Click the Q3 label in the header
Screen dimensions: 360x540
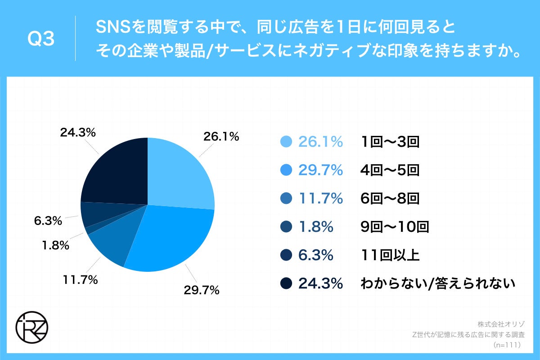(41, 40)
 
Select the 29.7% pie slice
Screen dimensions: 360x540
(171, 238)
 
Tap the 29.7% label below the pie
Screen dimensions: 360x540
(201, 290)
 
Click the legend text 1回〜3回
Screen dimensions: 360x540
(390, 142)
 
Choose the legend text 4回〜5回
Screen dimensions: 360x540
(390, 170)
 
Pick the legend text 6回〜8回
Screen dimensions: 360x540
(390, 198)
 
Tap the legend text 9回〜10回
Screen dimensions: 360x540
(395, 227)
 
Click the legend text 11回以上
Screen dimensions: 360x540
(390, 255)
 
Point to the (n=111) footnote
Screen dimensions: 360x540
(507, 345)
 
